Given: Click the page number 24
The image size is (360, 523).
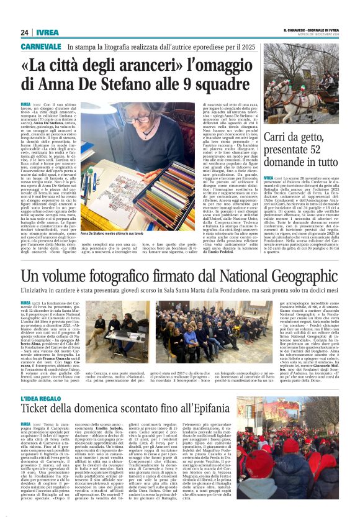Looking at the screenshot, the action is [24, 32].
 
